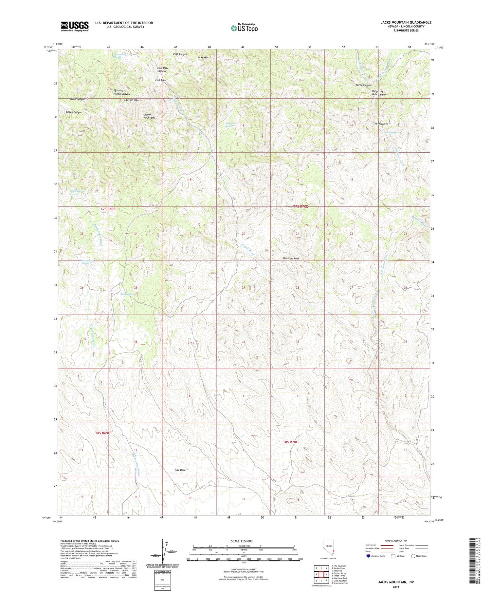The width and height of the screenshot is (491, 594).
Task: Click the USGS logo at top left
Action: (x=74, y=26)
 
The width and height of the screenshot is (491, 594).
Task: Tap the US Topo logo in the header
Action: (x=244, y=28)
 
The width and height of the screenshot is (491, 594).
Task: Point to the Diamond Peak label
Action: (x=291, y=259)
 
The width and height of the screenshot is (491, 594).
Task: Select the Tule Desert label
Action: (x=181, y=470)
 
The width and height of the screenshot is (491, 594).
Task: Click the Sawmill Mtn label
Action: (x=132, y=100)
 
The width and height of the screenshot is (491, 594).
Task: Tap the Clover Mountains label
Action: (x=149, y=116)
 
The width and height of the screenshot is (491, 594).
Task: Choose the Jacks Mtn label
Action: (x=202, y=57)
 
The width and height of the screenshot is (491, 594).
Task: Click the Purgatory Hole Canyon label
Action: (x=379, y=93)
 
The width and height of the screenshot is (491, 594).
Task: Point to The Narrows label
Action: (x=380, y=124)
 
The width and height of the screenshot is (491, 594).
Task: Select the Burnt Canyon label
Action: (x=363, y=85)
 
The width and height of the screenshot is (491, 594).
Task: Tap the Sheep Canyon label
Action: (x=74, y=112)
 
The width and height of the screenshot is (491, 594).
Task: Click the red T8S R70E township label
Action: (x=290, y=442)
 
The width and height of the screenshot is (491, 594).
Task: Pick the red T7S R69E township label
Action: (x=108, y=209)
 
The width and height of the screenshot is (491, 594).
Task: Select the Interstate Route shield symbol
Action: (x=369, y=556)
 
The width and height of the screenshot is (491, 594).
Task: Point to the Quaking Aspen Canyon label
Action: (x=121, y=92)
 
